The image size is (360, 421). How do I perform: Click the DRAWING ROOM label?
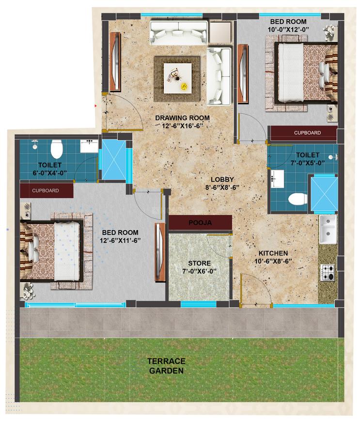(x=182, y=118)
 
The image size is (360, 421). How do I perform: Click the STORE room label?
(x=199, y=264)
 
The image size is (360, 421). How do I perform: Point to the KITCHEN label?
(x=273, y=253)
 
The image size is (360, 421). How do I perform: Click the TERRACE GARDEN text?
(x=166, y=366)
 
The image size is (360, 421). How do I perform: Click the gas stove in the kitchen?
(x=328, y=273)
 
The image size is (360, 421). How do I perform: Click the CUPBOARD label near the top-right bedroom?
(x=307, y=133)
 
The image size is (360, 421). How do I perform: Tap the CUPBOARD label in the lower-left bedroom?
(x=46, y=190)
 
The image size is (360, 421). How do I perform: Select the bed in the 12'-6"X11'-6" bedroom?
(x=52, y=250)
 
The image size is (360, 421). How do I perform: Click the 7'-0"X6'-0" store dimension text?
(x=199, y=271)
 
